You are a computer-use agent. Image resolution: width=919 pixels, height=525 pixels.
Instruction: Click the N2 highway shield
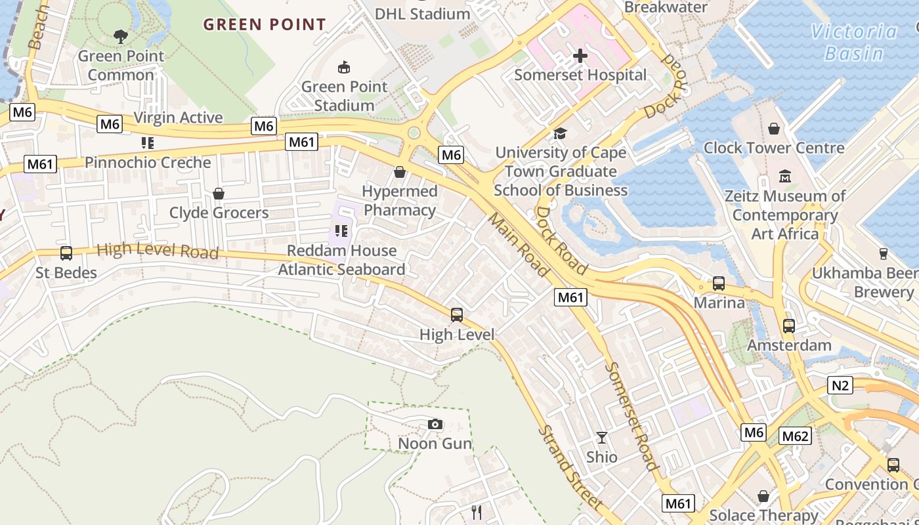click(x=841, y=385)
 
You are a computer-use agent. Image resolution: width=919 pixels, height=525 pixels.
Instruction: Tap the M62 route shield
click(x=796, y=436)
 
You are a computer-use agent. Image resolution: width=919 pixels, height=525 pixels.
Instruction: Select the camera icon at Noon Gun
click(x=435, y=425)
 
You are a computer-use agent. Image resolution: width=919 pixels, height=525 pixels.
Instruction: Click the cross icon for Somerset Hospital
click(x=580, y=56)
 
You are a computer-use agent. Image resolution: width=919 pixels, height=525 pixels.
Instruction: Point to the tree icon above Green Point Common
click(x=121, y=37)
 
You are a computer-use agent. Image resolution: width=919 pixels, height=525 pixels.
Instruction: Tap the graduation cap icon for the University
click(x=560, y=134)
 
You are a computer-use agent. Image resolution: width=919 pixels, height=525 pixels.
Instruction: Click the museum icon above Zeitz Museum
click(x=785, y=177)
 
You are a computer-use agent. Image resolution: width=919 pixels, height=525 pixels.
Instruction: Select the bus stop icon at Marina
click(x=719, y=283)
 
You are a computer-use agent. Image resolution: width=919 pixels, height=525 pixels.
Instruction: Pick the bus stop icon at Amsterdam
click(x=789, y=325)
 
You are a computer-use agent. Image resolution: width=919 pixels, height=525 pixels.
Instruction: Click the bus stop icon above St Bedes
click(x=66, y=253)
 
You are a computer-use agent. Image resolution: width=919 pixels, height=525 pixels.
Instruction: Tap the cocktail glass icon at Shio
click(x=601, y=437)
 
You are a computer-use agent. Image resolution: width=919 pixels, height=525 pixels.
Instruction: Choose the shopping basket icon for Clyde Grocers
click(x=219, y=194)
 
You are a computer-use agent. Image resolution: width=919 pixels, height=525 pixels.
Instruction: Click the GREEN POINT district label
click(x=265, y=25)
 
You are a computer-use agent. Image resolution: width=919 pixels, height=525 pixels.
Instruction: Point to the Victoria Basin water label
click(x=853, y=42)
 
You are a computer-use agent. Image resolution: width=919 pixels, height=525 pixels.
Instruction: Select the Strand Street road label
click(x=570, y=467)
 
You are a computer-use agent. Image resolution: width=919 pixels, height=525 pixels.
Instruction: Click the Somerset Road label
click(x=632, y=416)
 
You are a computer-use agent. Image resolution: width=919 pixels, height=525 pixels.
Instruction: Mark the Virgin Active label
click(x=178, y=117)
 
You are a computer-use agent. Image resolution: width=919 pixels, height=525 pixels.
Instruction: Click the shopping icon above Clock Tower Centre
click(x=774, y=129)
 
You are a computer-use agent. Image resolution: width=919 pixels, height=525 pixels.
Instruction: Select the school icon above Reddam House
click(x=341, y=231)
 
